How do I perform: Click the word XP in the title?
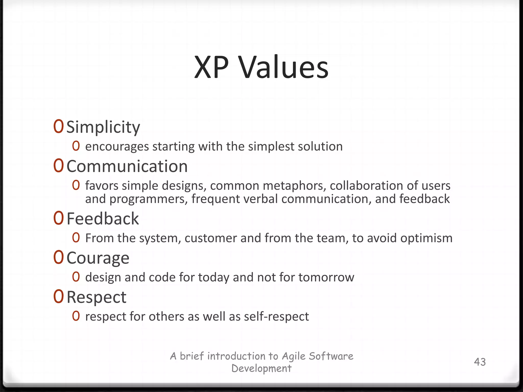click(x=211, y=67)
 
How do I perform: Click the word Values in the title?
click(x=284, y=67)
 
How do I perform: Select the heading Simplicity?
click(x=103, y=127)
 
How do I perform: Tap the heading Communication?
click(x=127, y=166)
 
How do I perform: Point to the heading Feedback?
click(x=103, y=219)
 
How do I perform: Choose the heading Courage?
click(x=98, y=258)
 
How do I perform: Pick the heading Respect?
click(x=96, y=297)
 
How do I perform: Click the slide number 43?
click(x=480, y=362)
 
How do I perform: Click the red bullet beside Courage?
click(x=58, y=258)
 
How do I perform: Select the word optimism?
click(x=426, y=238)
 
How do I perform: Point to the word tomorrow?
click(x=326, y=277)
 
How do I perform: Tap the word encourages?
click(x=117, y=147)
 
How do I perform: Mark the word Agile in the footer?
click(x=294, y=356)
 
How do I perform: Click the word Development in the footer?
click(x=261, y=368)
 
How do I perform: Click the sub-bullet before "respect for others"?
click(x=76, y=316)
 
